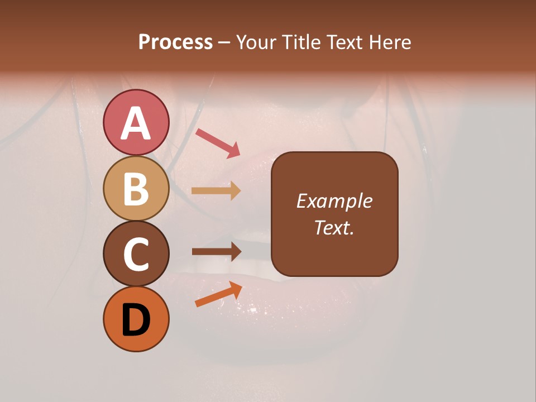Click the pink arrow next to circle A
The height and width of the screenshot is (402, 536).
coord(217,142)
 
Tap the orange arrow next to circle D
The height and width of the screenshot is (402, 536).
coord(218,294)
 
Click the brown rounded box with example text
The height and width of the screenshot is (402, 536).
coord(334,214)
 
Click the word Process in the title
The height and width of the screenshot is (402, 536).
coord(175,42)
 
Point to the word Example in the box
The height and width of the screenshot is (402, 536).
coord(334,201)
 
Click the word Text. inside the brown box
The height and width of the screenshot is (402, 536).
coord(334,227)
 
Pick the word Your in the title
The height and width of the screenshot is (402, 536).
coord(256,42)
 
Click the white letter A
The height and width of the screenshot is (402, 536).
coord(136,123)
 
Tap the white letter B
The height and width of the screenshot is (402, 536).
coord(136,189)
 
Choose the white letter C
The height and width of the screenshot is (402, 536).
coord(136,254)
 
